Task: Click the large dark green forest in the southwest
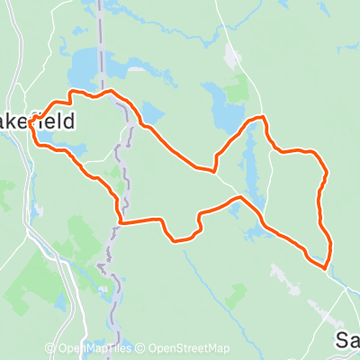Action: (x=40, y=270)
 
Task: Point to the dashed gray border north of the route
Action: (x=103, y=45)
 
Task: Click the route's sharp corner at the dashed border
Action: (x=120, y=221)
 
